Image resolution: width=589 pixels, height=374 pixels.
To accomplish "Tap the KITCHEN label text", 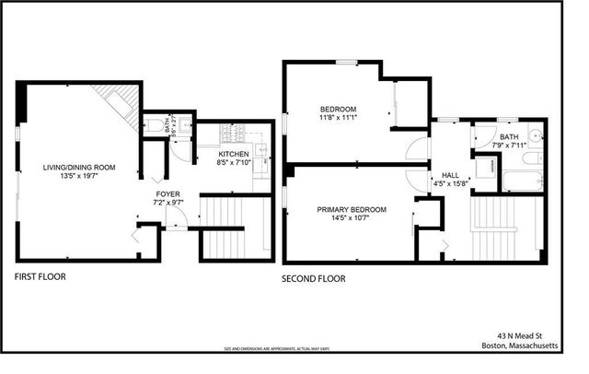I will (235, 154).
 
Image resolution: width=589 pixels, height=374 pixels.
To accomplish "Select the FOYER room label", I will (167, 194).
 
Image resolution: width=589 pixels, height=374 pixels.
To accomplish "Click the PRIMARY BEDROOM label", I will (352, 210).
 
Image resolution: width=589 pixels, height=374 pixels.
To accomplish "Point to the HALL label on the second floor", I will (450, 175).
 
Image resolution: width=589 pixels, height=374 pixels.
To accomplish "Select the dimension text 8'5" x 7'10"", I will (235, 163).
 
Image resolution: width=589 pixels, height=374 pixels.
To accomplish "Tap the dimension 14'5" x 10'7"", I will (352, 219).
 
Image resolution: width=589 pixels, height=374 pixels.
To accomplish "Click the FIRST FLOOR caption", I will (40, 275).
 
